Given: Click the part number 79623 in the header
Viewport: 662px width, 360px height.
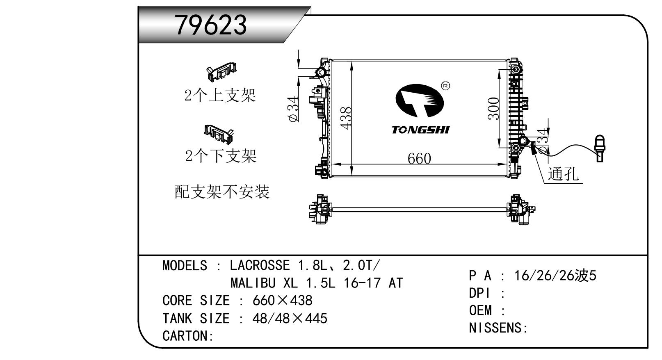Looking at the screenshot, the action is (x=211, y=25).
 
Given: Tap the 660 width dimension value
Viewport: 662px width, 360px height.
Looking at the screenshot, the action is (x=419, y=159).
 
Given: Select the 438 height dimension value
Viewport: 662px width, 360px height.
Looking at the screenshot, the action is (x=346, y=118).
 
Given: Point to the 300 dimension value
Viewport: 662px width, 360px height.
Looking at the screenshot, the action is (x=493, y=108).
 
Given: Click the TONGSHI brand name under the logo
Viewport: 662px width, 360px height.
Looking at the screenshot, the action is (x=420, y=130).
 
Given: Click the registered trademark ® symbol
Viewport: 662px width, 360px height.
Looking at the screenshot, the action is (x=445, y=86).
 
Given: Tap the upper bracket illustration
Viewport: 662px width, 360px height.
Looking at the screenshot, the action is (x=221, y=72).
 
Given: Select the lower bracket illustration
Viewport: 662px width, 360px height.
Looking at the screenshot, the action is (x=219, y=134).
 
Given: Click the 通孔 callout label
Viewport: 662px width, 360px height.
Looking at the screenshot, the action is (x=563, y=174).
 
